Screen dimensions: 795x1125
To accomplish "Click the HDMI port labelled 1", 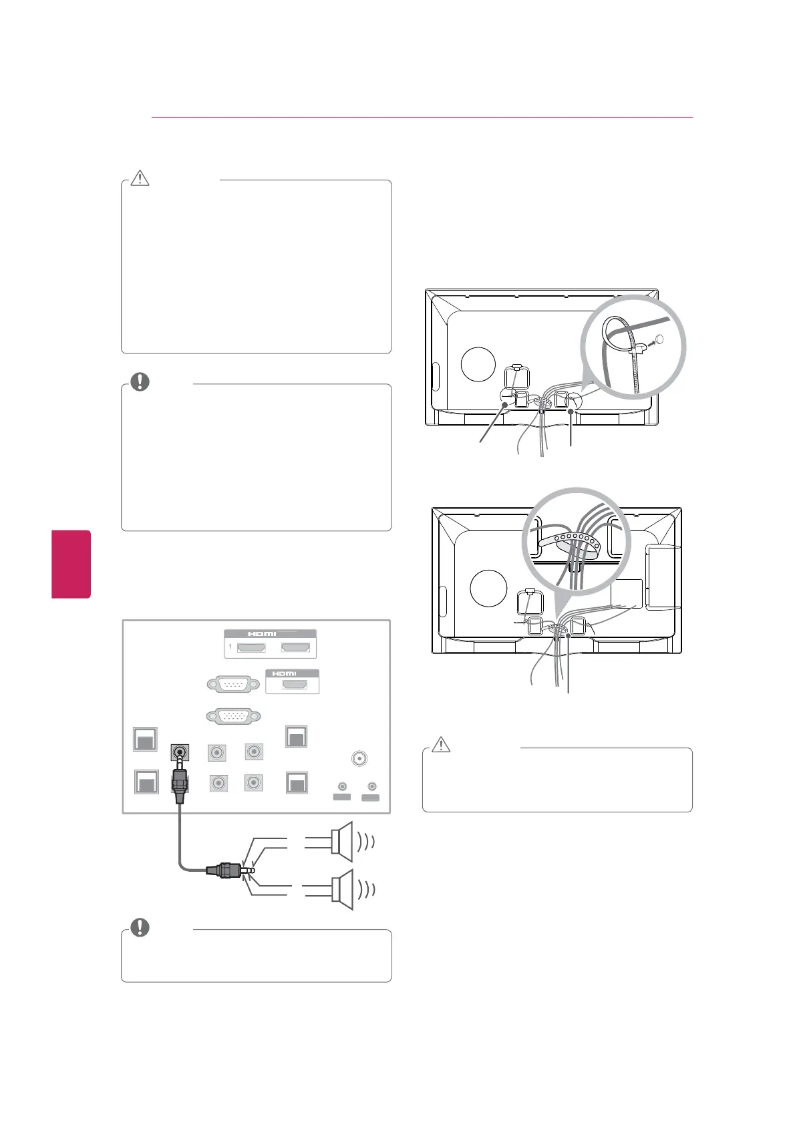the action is point(247,647).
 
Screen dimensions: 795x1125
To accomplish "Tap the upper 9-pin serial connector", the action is point(233,685).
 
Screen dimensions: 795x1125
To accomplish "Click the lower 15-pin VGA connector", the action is point(233,716).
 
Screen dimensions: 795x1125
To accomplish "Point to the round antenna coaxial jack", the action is point(359,759).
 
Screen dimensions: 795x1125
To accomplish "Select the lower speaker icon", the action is point(341,889).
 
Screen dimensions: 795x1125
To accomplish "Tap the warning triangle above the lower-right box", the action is point(441,744).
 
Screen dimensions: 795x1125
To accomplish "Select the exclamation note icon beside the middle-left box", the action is point(140,381).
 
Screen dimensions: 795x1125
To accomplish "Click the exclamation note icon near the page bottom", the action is point(140,927).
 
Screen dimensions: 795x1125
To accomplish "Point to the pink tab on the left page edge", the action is point(71,564).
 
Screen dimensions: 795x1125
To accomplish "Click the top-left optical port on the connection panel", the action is point(145,739).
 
